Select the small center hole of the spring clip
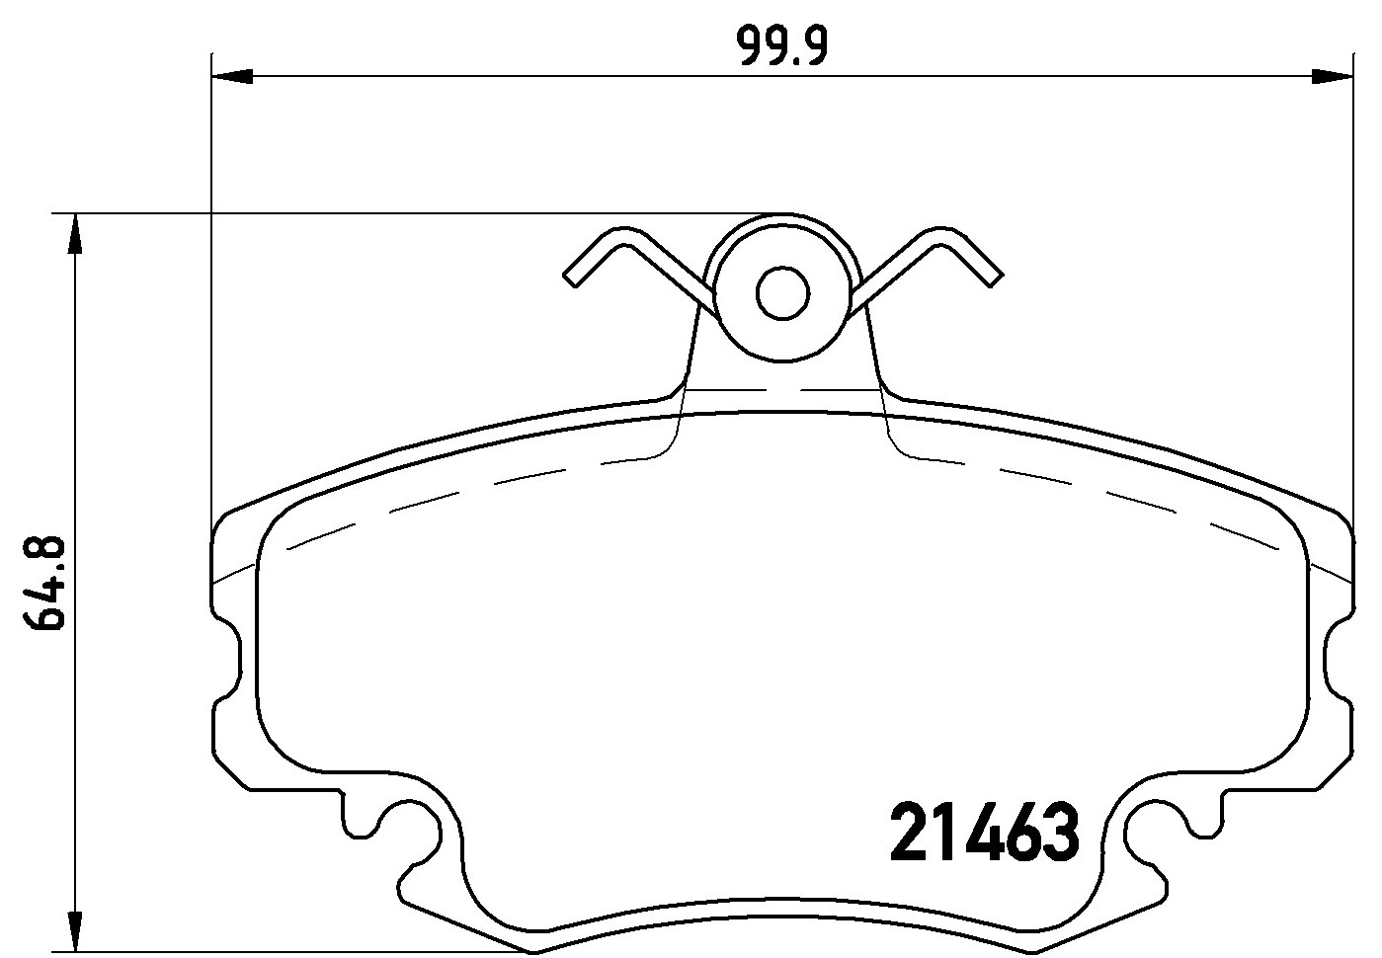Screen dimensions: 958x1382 [782, 292]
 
